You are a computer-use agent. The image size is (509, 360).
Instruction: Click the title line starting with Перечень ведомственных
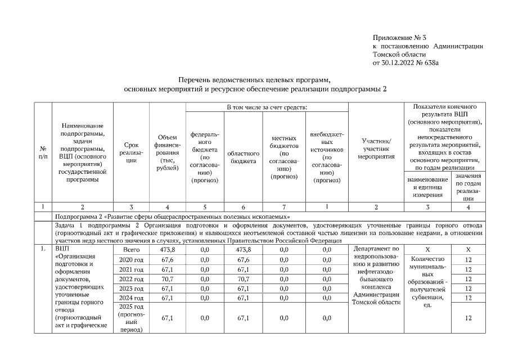coord(254,80)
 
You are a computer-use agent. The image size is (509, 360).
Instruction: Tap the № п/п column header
coord(43,152)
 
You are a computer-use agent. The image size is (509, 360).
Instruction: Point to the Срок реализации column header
coord(131,152)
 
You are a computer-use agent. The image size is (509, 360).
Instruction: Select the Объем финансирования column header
coord(167,152)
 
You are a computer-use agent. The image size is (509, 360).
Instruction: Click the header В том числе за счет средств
coord(267,107)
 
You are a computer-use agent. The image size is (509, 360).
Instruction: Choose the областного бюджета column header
coord(244,156)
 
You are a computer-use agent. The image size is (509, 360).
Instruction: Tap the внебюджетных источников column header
coord(327,157)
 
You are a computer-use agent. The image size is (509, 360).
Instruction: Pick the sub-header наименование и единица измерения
coord(429,187)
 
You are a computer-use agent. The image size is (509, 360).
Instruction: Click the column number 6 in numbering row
coord(244,208)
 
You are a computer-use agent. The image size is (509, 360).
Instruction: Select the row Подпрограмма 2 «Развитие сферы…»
coord(172,216)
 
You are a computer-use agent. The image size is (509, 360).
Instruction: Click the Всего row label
coord(131,249)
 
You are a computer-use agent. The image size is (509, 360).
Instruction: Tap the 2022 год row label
coord(131,278)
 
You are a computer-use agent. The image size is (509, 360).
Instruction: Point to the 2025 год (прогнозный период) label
coord(131,318)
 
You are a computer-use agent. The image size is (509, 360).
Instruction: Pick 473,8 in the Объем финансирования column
coord(167,249)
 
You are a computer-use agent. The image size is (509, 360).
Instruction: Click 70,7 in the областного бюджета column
coord(244,278)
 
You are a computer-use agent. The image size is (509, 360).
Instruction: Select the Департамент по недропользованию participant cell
coord(376,275)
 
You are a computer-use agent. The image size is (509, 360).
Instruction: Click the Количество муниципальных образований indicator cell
coord(429,282)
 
